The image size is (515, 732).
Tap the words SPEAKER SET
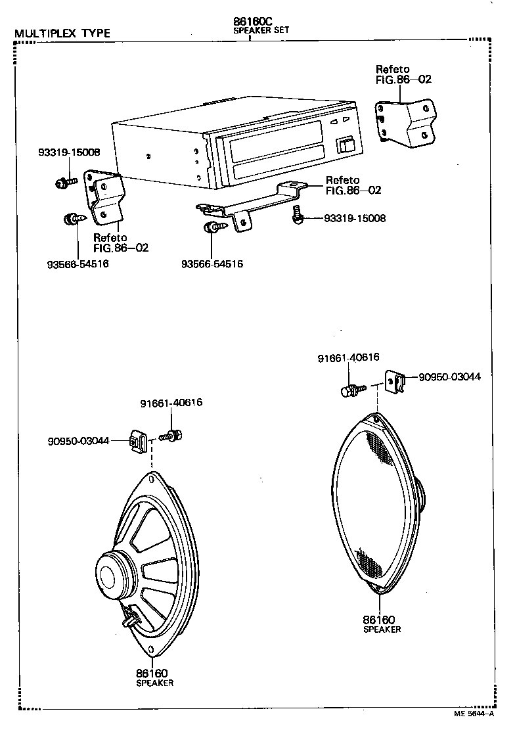pos(261,30)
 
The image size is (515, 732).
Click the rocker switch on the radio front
pos(346,146)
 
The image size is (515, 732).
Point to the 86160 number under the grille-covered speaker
pos(379,619)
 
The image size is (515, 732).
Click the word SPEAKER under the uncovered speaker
pos(154,683)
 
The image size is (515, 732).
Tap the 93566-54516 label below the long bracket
pos(212,264)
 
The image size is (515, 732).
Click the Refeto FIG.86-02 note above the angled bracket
pos(404,74)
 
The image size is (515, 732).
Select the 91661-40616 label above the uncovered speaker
pos(171,402)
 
